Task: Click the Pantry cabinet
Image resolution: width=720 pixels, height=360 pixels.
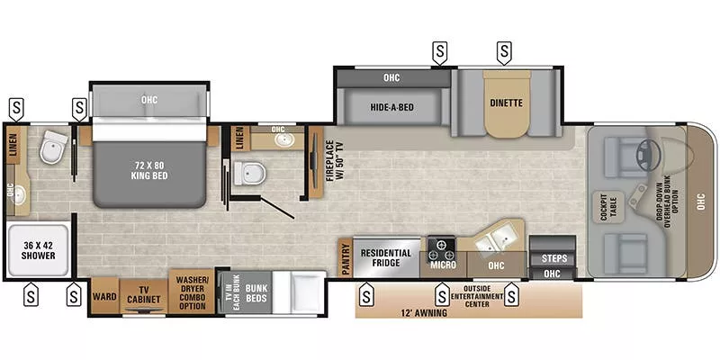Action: pyautogui.click(x=345, y=257)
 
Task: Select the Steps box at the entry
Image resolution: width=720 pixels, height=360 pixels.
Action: pyautogui.click(x=553, y=257)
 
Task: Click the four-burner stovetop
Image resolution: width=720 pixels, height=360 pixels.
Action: pyautogui.click(x=441, y=245)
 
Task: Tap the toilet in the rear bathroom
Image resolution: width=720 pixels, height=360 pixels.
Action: pyautogui.click(x=56, y=145)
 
